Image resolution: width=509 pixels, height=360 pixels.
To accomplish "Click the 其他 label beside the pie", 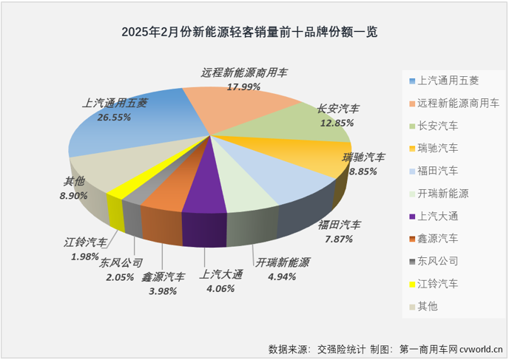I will [x=74, y=182].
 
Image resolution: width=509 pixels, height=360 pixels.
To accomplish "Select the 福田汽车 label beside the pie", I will [x=340, y=224].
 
